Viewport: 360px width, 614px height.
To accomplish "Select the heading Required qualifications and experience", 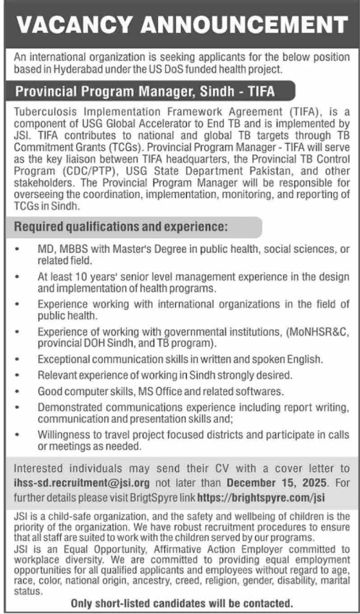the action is [121, 227].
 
